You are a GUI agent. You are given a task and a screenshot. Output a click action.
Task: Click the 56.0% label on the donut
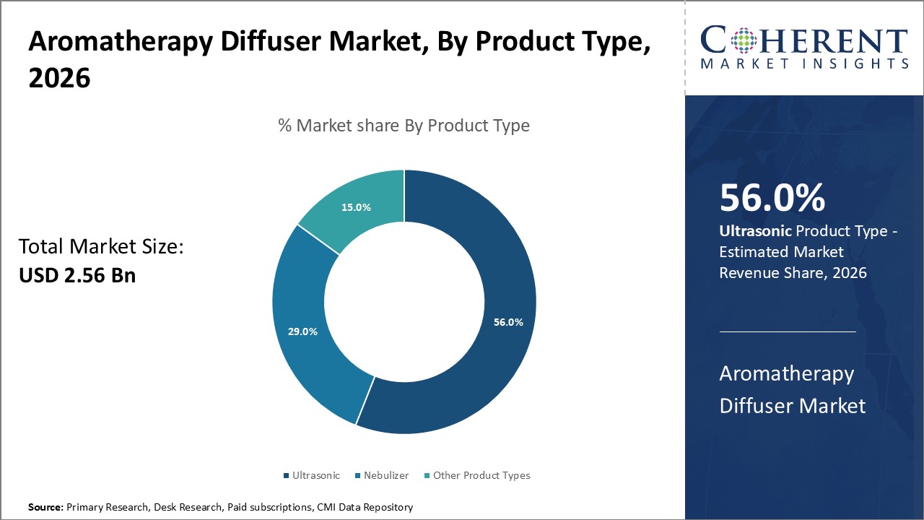point(508,322)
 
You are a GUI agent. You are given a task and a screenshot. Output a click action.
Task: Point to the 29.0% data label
point(302,331)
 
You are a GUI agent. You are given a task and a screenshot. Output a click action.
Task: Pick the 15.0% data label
point(356,207)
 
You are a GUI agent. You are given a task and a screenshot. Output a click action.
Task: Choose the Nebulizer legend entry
point(384,475)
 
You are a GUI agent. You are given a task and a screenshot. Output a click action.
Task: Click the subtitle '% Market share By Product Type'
point(404,126)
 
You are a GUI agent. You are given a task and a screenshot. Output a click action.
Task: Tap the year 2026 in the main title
point(59,78)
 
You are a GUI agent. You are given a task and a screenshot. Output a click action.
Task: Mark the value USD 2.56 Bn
point(77,275)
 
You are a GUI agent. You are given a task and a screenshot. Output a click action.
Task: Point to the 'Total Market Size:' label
point(102,247)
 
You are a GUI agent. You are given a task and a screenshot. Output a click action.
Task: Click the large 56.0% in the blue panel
point(772,199)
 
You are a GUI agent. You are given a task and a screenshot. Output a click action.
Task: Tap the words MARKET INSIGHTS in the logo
point(804,64)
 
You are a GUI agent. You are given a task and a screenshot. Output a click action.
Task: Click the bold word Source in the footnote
point(45,508)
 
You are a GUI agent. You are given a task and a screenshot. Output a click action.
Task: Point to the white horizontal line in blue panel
point(788,332)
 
